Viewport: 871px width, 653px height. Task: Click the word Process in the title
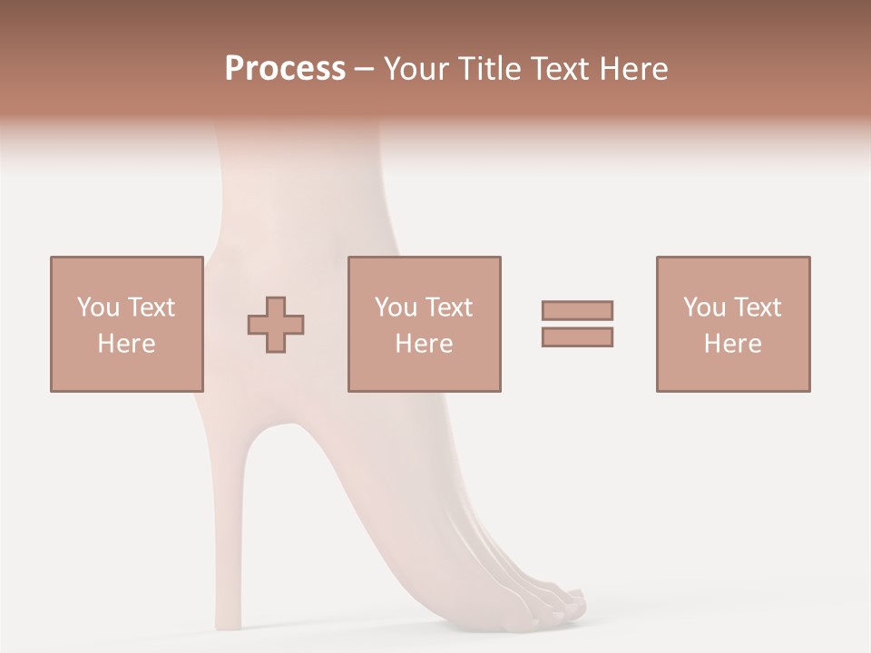click(x=285, y=68)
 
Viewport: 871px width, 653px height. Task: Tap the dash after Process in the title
click(x=365, y=70)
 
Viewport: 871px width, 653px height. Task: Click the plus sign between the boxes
click(x=276, y=325)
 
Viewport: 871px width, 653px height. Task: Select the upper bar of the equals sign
click(x=577, y=310)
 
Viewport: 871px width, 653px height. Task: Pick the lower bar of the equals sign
click(x=577, y=336)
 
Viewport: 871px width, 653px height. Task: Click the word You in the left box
click(x=97, y=307)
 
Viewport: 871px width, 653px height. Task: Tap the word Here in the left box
click(x=126, y=343)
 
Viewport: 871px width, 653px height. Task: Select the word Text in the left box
click(x=150, y=307)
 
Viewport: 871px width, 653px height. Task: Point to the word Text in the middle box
click(x=448, y=307)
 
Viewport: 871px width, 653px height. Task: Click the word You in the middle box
click(x=395, y=307)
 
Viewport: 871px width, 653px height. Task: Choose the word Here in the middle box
click(x=424, y=343)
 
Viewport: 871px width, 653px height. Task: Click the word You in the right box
click(x=703, y=307)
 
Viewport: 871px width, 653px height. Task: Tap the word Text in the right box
click(x=757, y=307)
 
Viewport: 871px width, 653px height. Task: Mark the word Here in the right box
click(x=732, y=343)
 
